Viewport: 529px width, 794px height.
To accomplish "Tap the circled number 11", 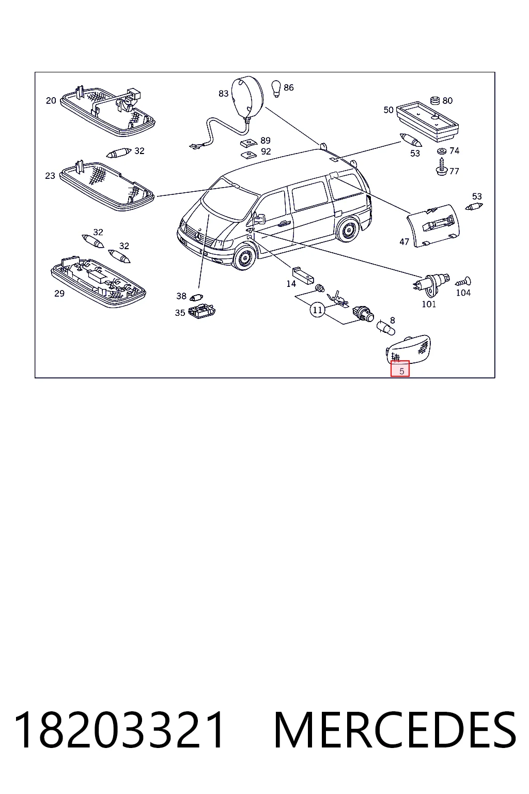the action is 318,310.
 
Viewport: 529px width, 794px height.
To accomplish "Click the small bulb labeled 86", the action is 276,88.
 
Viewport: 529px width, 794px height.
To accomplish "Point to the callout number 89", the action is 266,141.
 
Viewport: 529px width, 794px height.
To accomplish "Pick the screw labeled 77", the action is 442,167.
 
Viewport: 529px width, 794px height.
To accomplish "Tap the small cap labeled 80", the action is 435,101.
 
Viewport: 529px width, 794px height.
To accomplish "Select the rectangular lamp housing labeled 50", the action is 427,121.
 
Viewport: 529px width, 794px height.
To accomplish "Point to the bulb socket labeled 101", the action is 430,284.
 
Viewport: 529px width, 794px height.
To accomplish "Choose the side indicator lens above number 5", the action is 408,349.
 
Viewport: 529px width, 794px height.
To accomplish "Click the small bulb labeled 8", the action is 385,328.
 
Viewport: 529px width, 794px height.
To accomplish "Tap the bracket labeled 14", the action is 303,275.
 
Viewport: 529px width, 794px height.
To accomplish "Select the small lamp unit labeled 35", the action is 202,311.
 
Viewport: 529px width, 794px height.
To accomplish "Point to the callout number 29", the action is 59,294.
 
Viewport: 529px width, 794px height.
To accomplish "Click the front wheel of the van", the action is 244,258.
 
